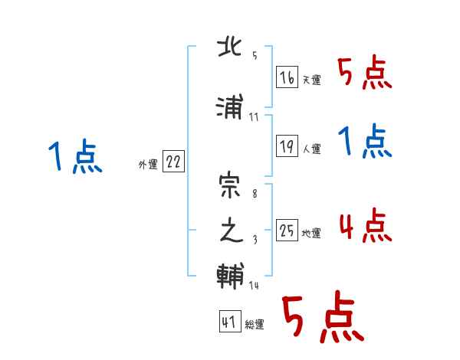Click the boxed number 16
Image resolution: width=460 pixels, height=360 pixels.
tap(287, 77)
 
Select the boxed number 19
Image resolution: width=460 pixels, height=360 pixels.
tap(287, 146)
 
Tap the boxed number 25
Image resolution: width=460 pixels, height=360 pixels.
tap(287, 231)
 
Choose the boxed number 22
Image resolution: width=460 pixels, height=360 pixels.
tap(174, 162)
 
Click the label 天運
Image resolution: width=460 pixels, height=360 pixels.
tap(311, 80)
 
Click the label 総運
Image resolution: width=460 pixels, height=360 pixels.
tap(255, 325)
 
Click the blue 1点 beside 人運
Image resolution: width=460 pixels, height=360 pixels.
tap(364, 142)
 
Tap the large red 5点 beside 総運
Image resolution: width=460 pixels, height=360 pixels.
tap(322, 318)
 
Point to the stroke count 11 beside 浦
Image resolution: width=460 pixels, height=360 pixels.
tap(255, 117)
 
